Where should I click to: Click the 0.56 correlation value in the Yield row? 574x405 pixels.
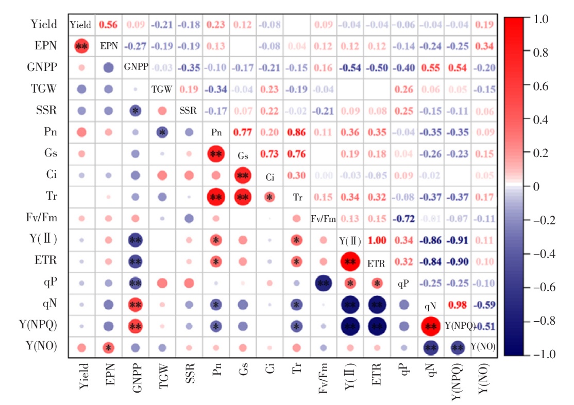point(108,24)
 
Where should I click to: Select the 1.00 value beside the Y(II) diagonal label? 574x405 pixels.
point(377,241)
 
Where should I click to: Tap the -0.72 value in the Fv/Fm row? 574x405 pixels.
point(404,219)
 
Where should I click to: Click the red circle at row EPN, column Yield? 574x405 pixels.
point(81,46)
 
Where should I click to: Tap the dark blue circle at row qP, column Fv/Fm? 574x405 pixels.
point(324,284)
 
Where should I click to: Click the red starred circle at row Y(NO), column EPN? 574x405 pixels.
point(108,348)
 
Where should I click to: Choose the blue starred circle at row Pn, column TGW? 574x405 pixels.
point(162,132)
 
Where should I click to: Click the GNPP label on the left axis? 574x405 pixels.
point(43,67)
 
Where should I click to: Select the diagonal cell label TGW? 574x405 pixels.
point(162,89)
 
